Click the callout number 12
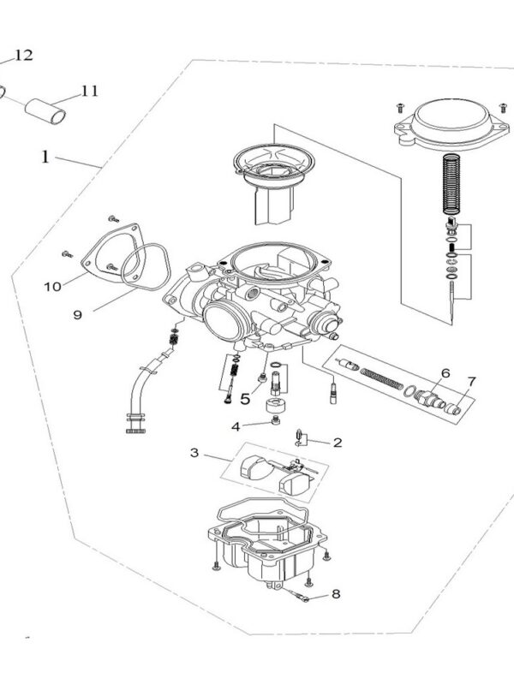pos(24,56)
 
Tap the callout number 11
pos(91,90)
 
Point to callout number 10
pos(52,286)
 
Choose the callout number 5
pos(245,397)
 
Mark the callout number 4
pos(236,425)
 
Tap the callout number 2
pos(338,443)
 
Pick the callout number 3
pos(195,452)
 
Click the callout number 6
pos(445,373)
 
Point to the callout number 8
pos(336,592)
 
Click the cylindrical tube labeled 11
pos(48,110)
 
